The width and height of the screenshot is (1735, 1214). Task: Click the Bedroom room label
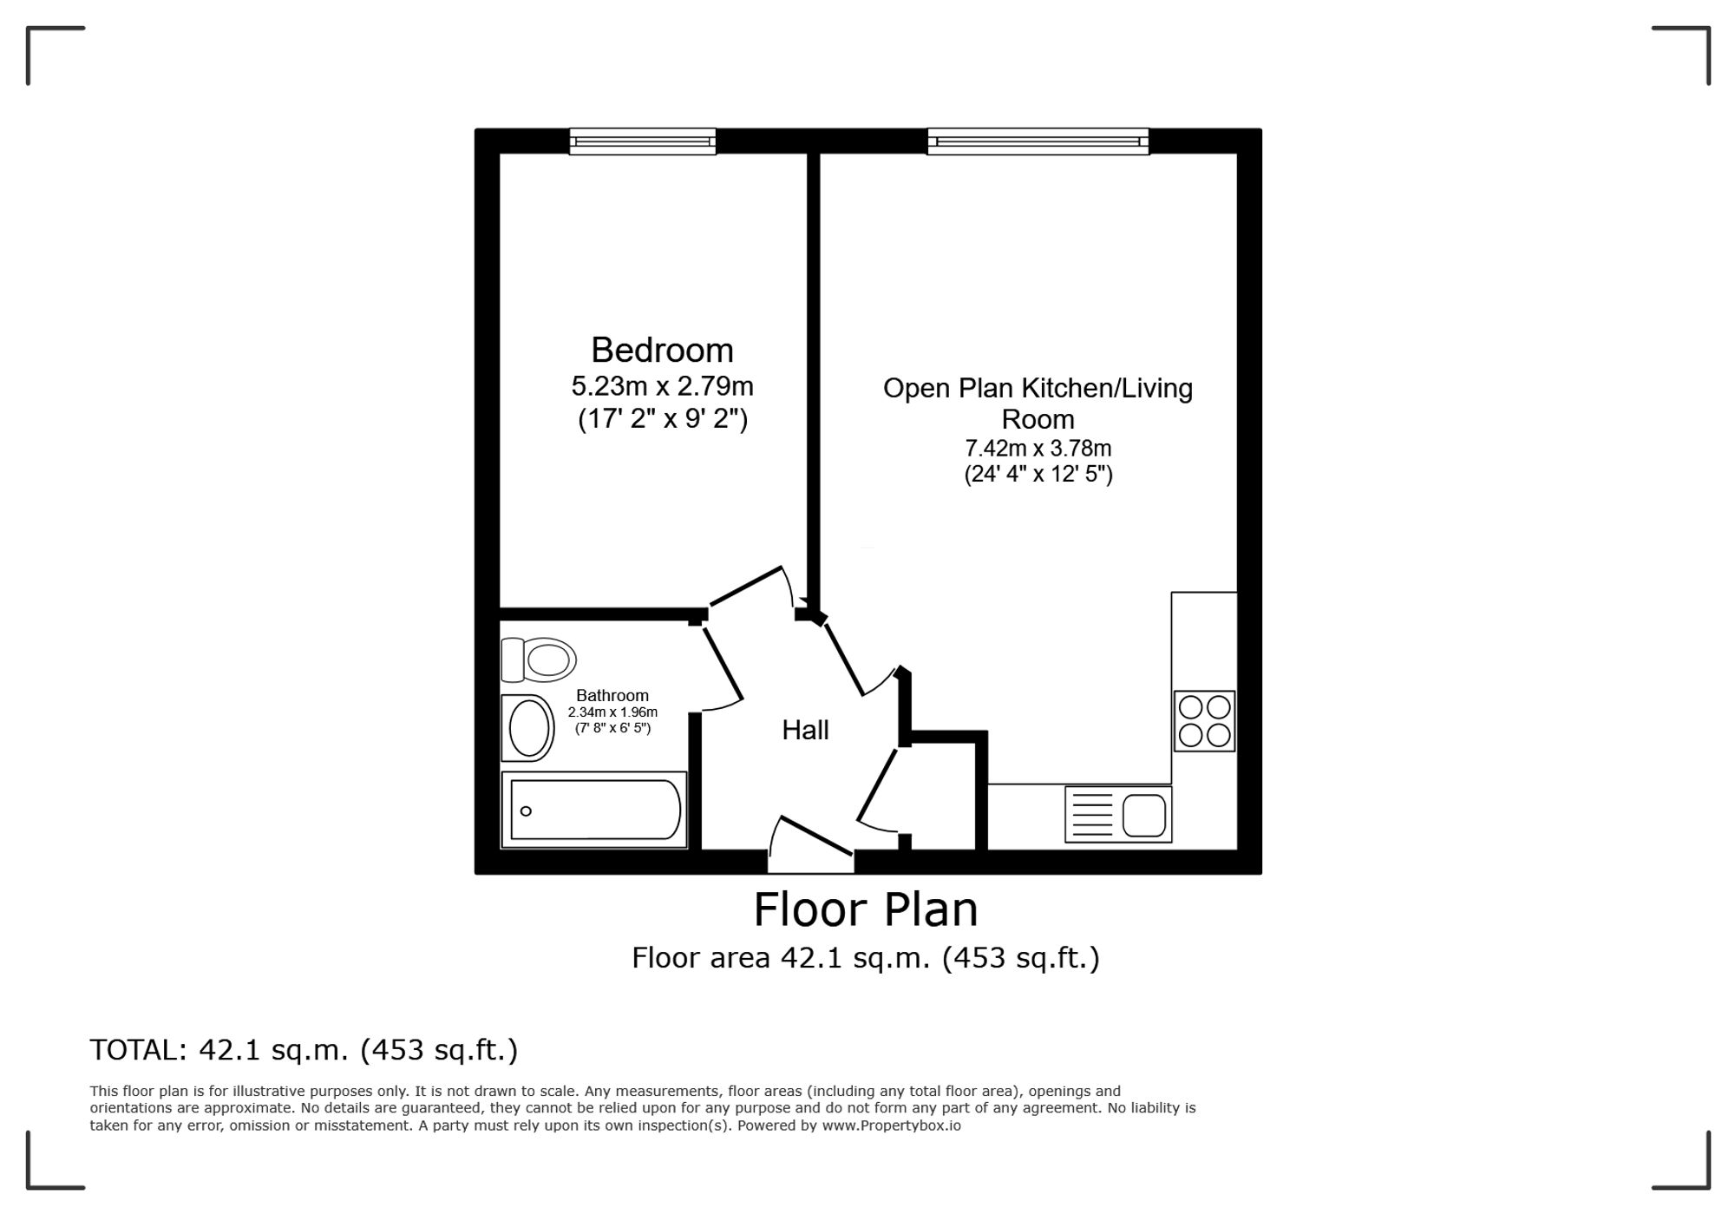pos(662,350)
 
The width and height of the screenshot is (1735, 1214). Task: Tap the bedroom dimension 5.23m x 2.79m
pos(662,385)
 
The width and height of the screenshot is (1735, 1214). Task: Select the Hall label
pos(805,730)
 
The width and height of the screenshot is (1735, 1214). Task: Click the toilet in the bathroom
pos(539,659)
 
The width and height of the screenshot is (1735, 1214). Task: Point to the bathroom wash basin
pos(527,728)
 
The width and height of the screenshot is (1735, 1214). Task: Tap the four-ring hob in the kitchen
pos(1204,720)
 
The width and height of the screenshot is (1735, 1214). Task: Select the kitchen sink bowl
pos(1144,816)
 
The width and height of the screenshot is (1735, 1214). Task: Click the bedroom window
pos(643,141)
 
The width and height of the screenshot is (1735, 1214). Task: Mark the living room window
pos(1038,141)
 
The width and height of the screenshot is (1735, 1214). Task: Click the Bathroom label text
pos(612,695)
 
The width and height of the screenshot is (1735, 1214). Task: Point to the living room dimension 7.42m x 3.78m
pos(1038,449)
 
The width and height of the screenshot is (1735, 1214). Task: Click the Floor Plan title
pos(866,909)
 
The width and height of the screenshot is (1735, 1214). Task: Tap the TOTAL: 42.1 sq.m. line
pos(304,1050)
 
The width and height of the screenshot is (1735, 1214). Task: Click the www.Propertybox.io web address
pos(892,1125)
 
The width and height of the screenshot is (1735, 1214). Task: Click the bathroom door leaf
pos(723,662)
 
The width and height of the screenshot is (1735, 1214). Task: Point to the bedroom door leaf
pos(746,586)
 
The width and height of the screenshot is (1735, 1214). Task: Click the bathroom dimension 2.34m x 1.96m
pos(612,712)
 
